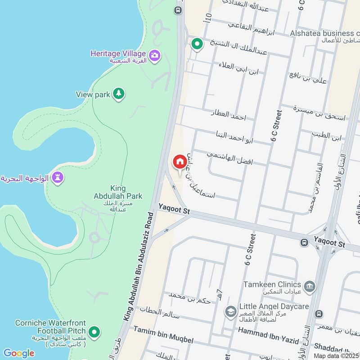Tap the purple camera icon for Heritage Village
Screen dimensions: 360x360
(155, 56)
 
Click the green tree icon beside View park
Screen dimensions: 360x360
(118, 94)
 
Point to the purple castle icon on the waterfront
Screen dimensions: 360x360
(57, 177)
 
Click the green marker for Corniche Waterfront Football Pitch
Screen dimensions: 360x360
(94, 333)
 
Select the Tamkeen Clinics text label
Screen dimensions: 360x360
(272, 284)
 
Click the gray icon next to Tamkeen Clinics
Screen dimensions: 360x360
(310, 286)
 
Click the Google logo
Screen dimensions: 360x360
(18, 353)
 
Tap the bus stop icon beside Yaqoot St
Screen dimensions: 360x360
(305, 243)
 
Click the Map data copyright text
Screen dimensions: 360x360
(337, 356)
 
